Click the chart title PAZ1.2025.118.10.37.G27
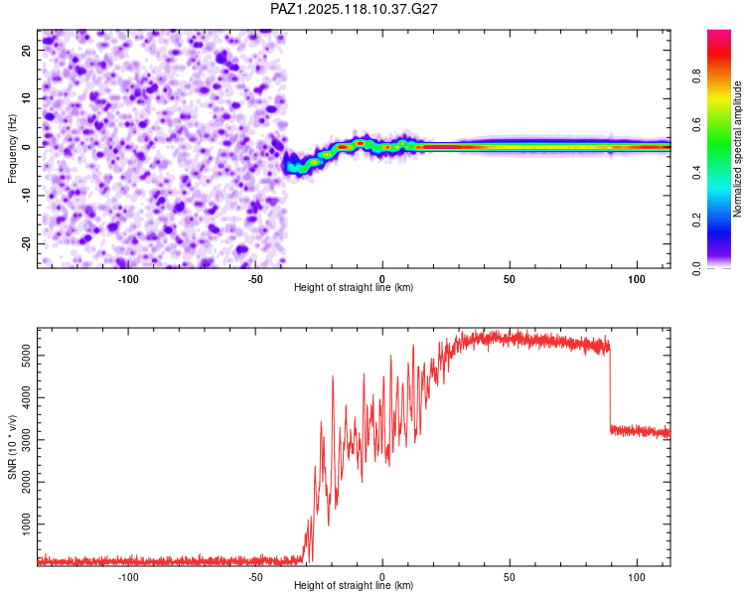point(354,9)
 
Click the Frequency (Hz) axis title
point(12,149)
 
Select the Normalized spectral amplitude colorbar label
point(737,149)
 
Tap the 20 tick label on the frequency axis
point(27,50)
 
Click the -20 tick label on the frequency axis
point(27,244)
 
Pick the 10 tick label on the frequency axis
point(27,98)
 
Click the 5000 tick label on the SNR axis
point(27,356)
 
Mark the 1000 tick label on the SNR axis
point(27,524)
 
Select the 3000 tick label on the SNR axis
point(27,440)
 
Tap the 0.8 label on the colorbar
point(696,76)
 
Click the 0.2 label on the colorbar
point(696,221)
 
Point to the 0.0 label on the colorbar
point(696,268)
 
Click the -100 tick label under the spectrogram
point(127,279)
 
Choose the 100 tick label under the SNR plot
point(637,577)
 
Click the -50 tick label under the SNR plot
point(255,577)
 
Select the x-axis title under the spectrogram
point(354,287)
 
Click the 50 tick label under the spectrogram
point(510,279)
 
